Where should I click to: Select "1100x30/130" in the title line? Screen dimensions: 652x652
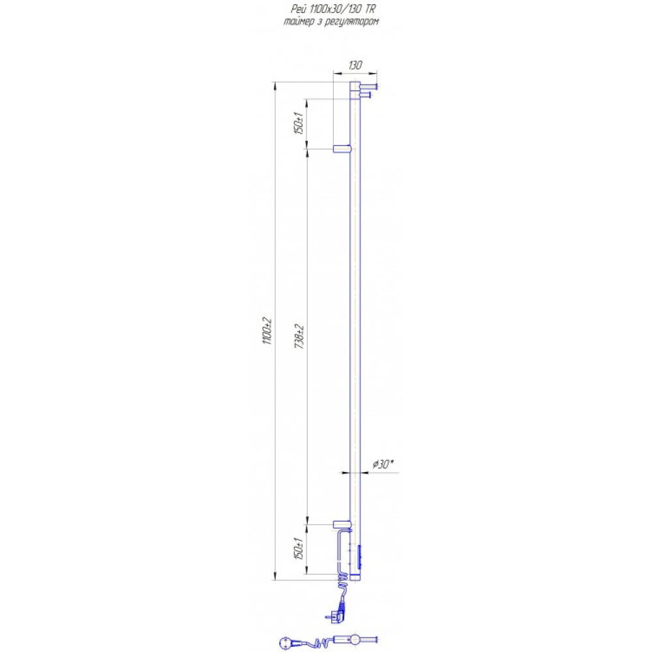[336, 9]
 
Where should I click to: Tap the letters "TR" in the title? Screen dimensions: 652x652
[370, 9]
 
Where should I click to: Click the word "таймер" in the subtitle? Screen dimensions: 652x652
[298, 22]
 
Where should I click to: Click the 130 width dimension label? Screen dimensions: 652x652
[355, 65]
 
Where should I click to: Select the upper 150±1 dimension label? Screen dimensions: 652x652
[299, 123]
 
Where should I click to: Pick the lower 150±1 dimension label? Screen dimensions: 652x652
[299, 548]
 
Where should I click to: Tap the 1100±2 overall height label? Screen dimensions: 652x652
[267, 331]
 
